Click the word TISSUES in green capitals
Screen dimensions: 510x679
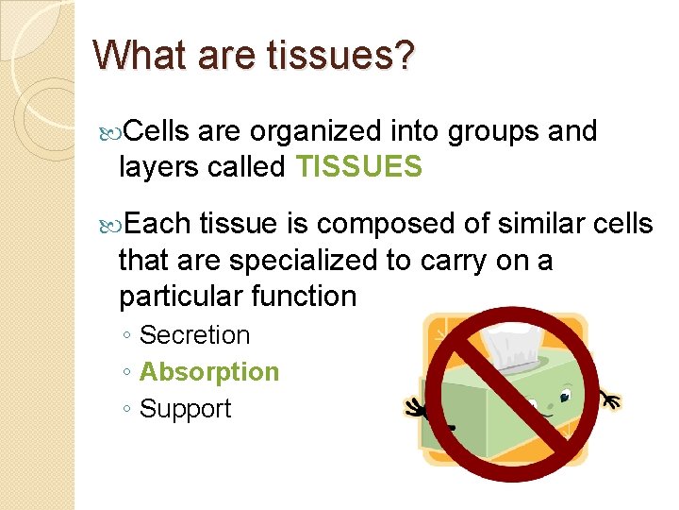358,167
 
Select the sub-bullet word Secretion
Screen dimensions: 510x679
194,335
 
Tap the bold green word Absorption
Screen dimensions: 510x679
208,372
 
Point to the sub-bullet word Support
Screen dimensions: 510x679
185,409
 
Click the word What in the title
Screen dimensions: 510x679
141,55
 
